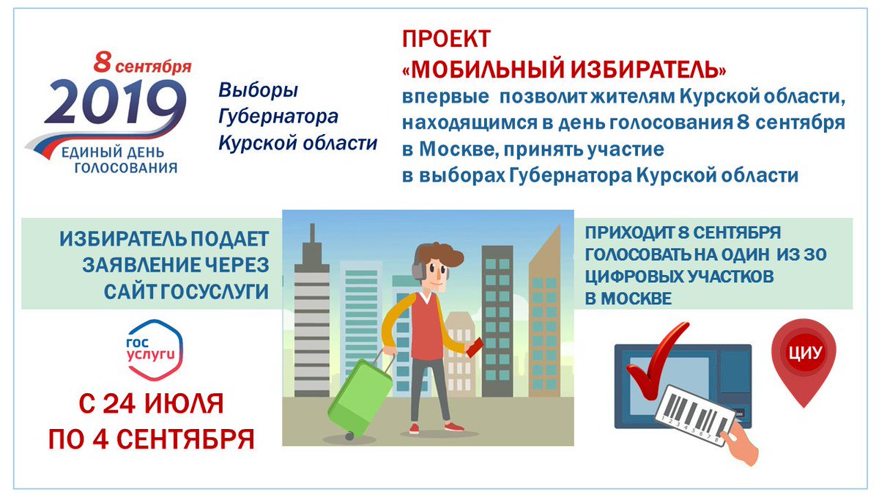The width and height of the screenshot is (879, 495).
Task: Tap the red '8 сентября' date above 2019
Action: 142,63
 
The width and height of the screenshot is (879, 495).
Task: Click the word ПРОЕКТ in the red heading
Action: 447,39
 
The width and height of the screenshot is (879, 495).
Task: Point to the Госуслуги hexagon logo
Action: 155,350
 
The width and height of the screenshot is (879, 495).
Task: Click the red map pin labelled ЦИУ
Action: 804,362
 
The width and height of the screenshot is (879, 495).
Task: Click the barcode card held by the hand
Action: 695,416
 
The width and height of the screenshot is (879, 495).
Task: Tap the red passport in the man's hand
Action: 475,348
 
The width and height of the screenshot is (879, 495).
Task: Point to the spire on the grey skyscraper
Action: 312,234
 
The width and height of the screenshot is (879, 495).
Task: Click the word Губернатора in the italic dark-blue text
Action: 278,117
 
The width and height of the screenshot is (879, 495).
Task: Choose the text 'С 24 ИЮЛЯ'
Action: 151,404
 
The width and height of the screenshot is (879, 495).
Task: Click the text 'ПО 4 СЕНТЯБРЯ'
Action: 152,439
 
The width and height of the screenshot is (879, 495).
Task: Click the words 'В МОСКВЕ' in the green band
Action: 628,299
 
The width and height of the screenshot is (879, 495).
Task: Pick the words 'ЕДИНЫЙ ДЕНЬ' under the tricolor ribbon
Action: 113,153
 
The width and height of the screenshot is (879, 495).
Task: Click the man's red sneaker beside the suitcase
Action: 414,428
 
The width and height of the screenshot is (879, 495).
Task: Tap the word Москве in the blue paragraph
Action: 459,150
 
